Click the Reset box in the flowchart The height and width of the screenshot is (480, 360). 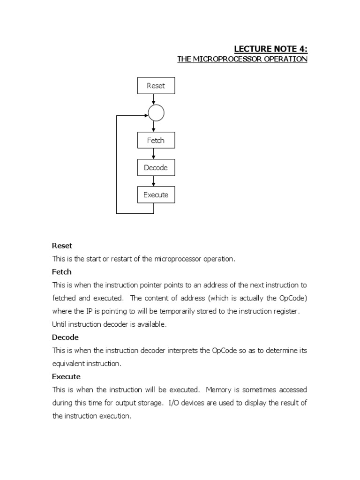coord(156,86)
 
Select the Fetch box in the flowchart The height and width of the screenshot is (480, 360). coord(156,141)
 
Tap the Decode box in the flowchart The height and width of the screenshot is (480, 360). coord(156,168)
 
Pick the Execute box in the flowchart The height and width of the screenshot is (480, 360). coord(156,195)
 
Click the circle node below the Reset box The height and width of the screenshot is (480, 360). coord(156,113)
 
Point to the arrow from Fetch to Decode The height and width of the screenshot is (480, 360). coord(154,154)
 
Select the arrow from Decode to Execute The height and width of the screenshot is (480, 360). coord(154,181)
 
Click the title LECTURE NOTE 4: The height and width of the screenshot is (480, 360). coord(270,49)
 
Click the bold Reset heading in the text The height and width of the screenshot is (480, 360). coord(62,246)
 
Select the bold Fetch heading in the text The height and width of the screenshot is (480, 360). coord(61,272)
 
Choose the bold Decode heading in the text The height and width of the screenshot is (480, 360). coord(65,337)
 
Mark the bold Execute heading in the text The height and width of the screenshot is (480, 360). coord(66,377)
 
